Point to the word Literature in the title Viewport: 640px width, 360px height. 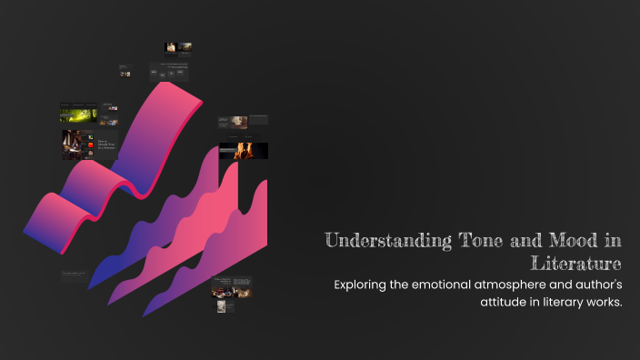click(579, 264)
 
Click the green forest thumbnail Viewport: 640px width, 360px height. click(77, 115)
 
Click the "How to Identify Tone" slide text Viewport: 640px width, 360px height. click(106, 145)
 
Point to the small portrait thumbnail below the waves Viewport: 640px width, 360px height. click(220, 306)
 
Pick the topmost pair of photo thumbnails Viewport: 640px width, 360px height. click(177, 47)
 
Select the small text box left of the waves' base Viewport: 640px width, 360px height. click(73, 274)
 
